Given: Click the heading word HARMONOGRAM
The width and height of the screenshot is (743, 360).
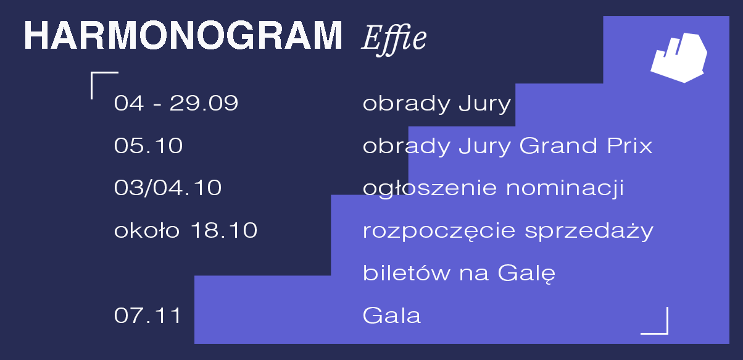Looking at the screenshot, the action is pyautogui.click(x=183, y=35).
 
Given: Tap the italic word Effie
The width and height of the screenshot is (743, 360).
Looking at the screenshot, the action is pyautogui.click(x=394, y=40).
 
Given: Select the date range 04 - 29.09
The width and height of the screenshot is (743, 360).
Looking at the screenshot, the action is pyautogui.click(x=176, y=103).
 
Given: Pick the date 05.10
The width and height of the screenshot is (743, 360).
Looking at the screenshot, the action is pyautogui.click(x=148, y=145).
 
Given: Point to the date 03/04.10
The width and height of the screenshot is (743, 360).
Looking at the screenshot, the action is pyautogui.click(x=168, y=188).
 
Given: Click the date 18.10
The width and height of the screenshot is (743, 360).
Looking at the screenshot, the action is pyautogui.click(x=224, y=230).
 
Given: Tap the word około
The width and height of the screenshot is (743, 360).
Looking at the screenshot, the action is pyautogui.click(x=147, y=230).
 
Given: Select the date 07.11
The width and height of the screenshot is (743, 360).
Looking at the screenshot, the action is pyautogui.click(x=147, y=315).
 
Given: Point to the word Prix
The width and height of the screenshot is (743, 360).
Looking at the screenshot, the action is pyautogui.click(x=629, y=145).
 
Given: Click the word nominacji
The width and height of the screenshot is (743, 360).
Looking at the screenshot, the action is pyautogui.click(x=565, y=189).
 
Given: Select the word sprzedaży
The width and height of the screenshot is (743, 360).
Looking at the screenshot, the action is pyautogui.click(x=589, y=231).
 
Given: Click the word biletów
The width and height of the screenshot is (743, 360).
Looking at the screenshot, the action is pyautogui.click(x=406, y=273).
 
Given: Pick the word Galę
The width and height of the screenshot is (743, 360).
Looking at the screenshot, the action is pyautogui.click(x=527, y=274).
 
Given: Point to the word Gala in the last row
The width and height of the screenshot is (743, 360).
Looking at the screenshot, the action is pyautogui.click(x=392, y=315).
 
